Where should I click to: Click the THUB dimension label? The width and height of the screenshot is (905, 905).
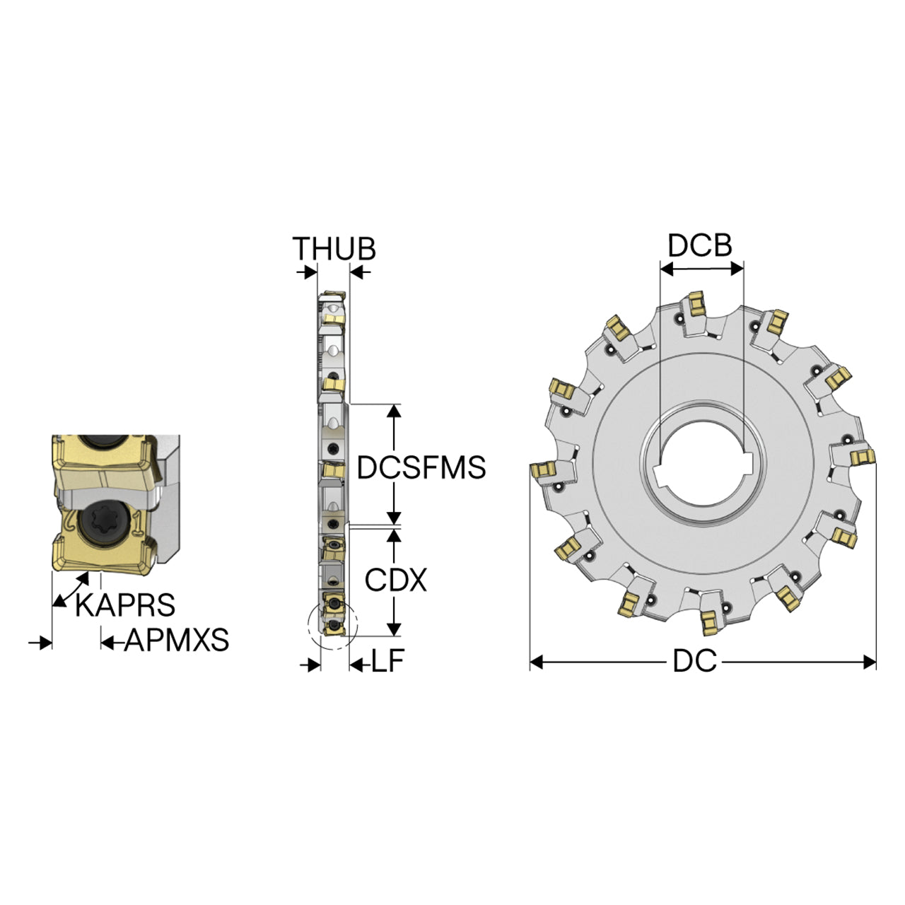[x=334, y=248]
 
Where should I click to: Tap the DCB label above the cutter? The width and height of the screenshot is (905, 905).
[x=700, y=245]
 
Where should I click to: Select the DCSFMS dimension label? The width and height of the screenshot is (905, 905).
[x=421, y=467]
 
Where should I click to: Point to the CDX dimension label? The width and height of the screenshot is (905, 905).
[x=395, y=580]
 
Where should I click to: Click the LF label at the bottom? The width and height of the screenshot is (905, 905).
[x=388, y=661]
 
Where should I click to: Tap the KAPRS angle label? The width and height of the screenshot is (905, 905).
[x=125, y=605]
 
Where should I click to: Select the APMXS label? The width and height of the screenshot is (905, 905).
[x=177, y=640]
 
